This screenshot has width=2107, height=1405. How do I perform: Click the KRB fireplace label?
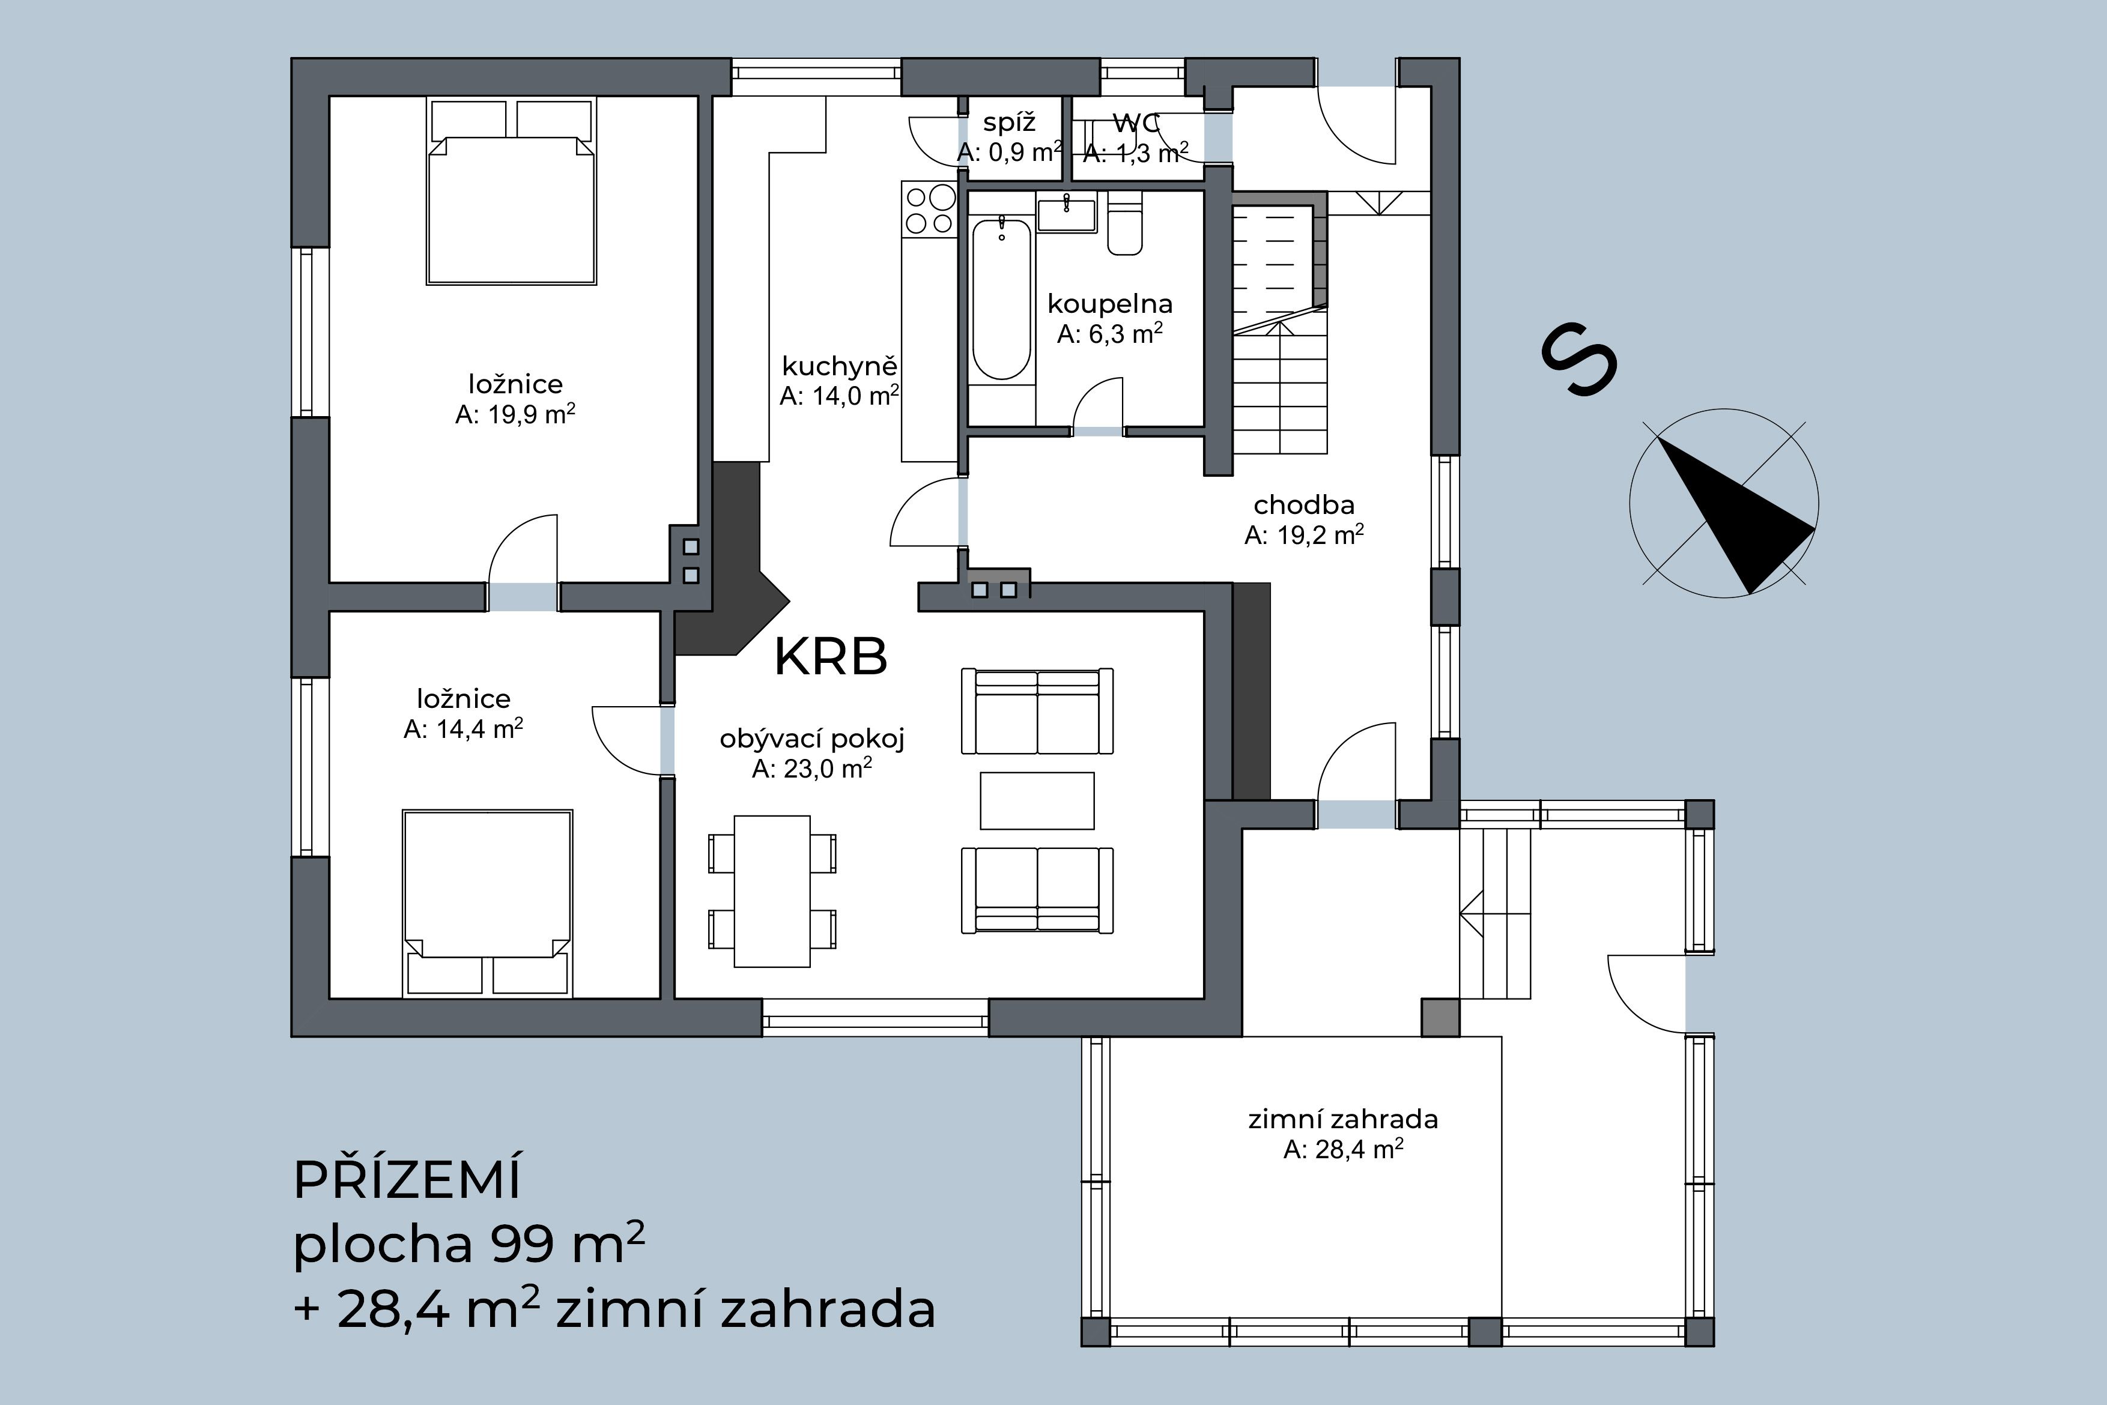pos(830,657)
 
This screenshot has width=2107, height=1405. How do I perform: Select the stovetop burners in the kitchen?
pos(929,209)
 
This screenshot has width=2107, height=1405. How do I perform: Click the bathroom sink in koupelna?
pos(1067,215)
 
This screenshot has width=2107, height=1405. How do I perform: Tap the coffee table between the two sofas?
pos(1037,800)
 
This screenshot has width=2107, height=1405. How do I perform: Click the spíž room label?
pos(1009,122)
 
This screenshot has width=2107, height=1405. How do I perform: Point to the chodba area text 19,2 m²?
pos(1304,536)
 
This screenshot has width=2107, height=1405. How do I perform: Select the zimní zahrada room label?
pos(1342,1119)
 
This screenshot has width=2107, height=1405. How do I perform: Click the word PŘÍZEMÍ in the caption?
pos(407,1181)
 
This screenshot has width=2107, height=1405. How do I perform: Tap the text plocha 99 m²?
pos(468,1245)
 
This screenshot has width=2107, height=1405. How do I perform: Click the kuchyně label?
pos(839,366)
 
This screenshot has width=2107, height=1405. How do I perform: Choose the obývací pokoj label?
pos(812,739)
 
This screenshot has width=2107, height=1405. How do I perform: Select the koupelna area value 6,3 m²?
pos(1109,334)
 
